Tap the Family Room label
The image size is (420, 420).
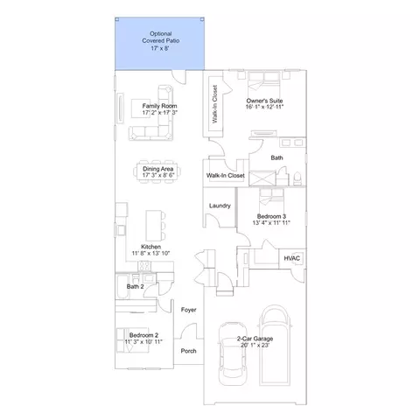coord(159,106)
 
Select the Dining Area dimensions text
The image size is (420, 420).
coord(158,175)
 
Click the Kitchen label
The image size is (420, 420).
coord(150,247)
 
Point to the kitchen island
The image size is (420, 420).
coord(154,226)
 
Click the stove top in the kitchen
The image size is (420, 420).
coord(144,266)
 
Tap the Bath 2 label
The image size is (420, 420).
coord(135,287)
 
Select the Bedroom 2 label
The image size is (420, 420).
coord(143,335)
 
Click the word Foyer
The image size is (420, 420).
coord(188,310)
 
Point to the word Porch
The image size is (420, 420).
coord(188,351)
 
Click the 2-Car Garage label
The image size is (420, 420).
coord(255,339)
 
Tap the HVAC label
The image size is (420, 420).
coord(291,258)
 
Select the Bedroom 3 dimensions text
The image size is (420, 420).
coord(271,223)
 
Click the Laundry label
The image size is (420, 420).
coord(220,206)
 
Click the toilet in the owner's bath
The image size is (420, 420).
coord(297,178)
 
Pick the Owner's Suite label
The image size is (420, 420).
coord(264,101)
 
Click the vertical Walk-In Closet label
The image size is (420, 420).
coord(215,104)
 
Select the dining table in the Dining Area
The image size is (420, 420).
coord(158,171)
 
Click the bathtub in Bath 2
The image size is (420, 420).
coord(122,287)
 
